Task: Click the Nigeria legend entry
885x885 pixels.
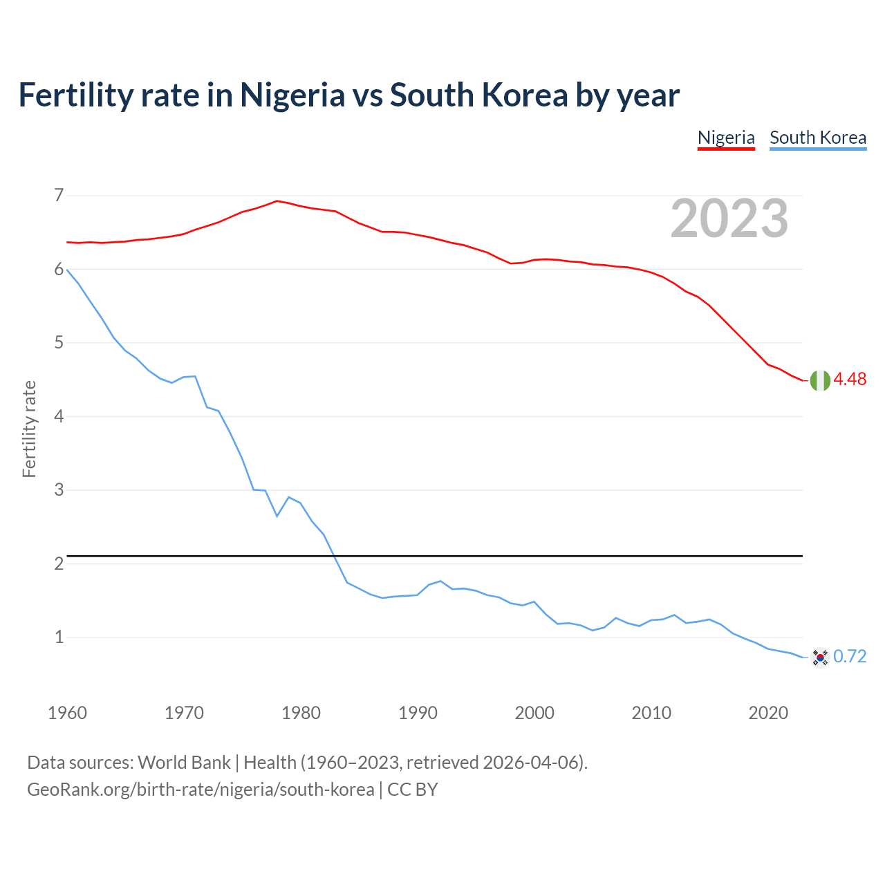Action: tap(726, 138)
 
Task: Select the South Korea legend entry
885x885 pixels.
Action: tap(818, 138)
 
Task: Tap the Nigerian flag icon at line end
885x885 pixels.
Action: tap(820, 380)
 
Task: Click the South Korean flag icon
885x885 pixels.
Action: tap(820, 657)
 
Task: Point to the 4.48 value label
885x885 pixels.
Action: tap(850, 379)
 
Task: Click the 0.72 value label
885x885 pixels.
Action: tap(850, 656)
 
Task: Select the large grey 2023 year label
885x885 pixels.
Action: tap(729, 218)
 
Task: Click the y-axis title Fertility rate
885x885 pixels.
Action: tap(29, 429)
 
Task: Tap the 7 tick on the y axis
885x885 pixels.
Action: tap(59, 196)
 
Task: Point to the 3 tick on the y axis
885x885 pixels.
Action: tap(59, 490)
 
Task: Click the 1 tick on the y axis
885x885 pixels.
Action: tap(59, 637)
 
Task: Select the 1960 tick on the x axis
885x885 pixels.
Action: tap(67, 713)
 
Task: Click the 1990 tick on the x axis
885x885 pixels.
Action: tap(418, 713)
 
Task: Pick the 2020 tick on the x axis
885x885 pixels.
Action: tap(768, 713)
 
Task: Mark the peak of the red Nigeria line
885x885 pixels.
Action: tap(277, 201)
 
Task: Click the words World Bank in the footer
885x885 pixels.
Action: tap(184, 763)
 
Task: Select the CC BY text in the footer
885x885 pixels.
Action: tap(412, 790)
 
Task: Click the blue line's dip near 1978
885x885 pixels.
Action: tap(277, 516)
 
